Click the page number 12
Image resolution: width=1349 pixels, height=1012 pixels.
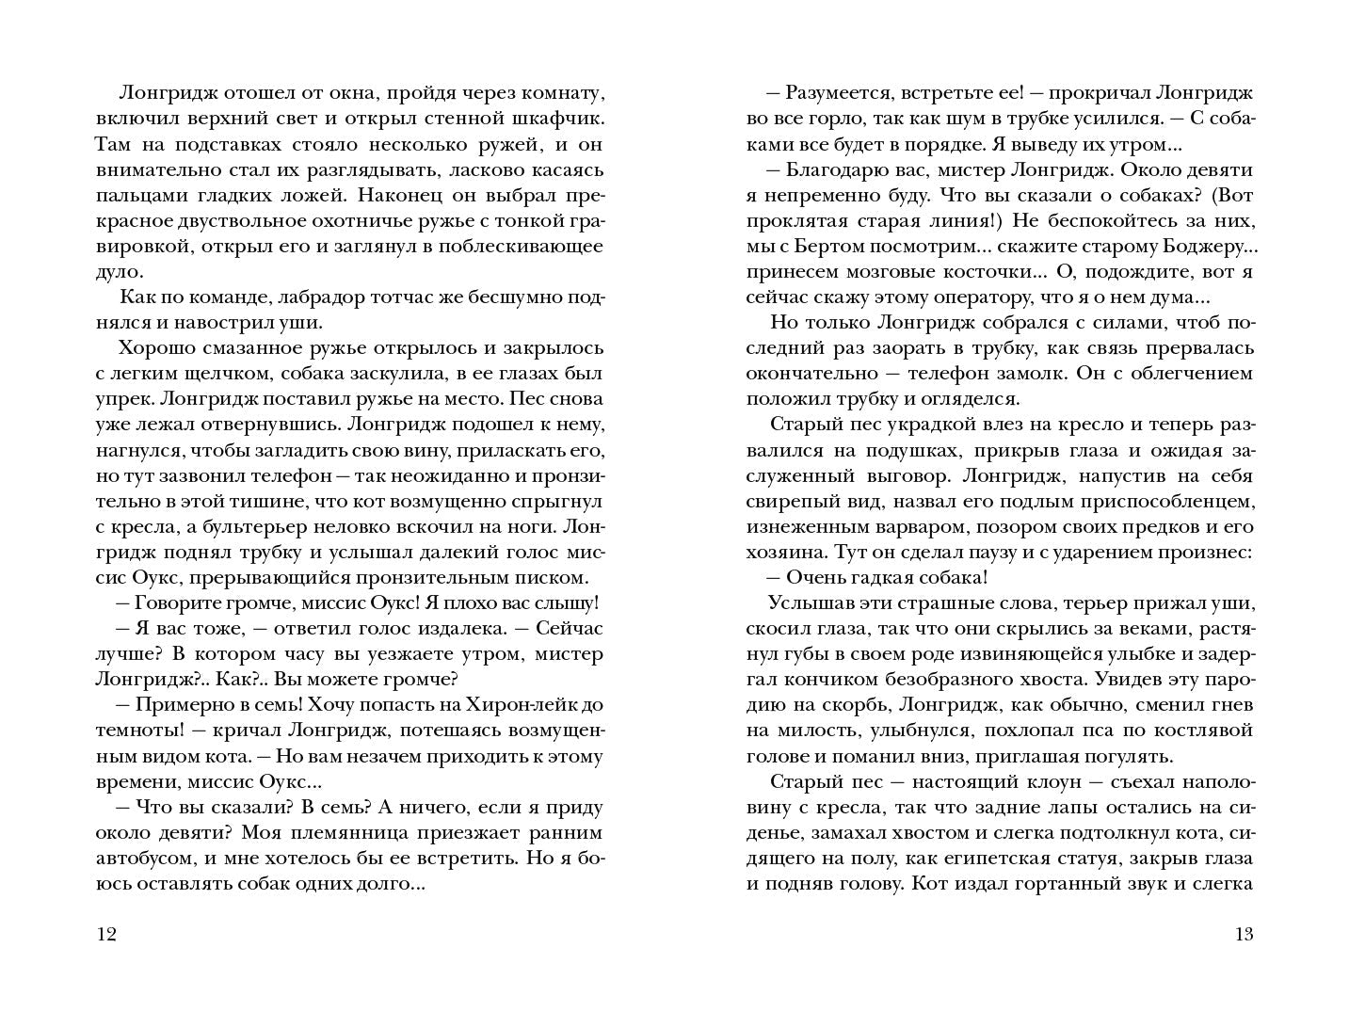click(105, 934)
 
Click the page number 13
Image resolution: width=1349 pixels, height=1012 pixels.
click(1244, 934)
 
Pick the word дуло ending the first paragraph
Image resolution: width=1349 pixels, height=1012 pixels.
click(118, 271)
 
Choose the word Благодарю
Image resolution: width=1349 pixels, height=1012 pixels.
click(837, 169)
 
